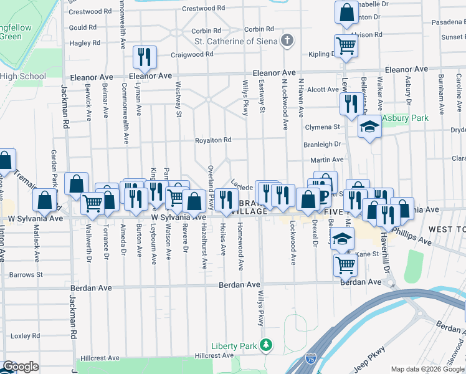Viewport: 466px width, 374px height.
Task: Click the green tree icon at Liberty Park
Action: pos(267,344)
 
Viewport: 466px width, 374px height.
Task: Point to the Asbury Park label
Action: pos(405,118)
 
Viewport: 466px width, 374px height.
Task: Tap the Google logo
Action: pos(21,367)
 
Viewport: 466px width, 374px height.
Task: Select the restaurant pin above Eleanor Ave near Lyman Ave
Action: pos(144,57)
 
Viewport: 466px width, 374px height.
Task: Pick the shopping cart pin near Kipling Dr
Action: pos(345,45)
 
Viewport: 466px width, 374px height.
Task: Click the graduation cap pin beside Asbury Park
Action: pos(369,127)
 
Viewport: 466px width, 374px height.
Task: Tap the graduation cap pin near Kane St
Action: pos(341,238)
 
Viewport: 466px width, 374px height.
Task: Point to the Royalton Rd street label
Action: pos(213,140)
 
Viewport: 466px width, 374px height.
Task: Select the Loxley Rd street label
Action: pos(26,335)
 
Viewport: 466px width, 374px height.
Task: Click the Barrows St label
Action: pos(26,274)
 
